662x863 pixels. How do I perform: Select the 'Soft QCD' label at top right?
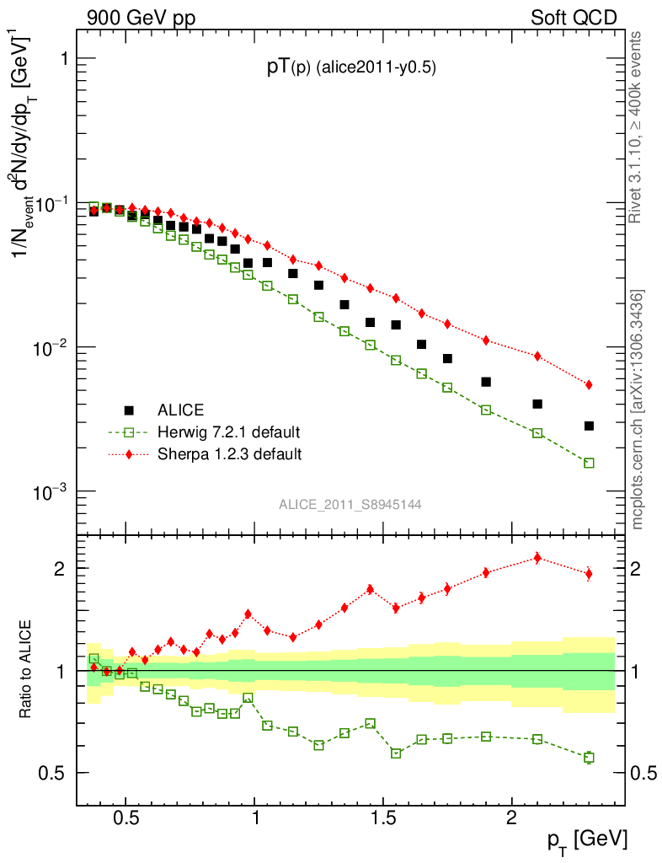tap(574, 18)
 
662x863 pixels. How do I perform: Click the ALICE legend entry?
tap(180, 410)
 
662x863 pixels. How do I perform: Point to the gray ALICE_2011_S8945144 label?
tap(350, 504)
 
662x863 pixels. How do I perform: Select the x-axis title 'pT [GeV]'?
tap(588, 839)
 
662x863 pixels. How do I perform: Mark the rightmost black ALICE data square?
tap(589, 426)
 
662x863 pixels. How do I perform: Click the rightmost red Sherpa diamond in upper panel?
tap(589, 384)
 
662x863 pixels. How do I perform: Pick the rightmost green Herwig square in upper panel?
tap(589, 463)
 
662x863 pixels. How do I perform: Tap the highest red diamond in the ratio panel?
tap(537, 558)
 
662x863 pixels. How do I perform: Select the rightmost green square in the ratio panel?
tap(589, 758)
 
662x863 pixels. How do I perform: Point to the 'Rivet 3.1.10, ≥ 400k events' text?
tap(636, 126)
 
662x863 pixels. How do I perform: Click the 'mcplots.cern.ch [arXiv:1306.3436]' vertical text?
tap(638, 409)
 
